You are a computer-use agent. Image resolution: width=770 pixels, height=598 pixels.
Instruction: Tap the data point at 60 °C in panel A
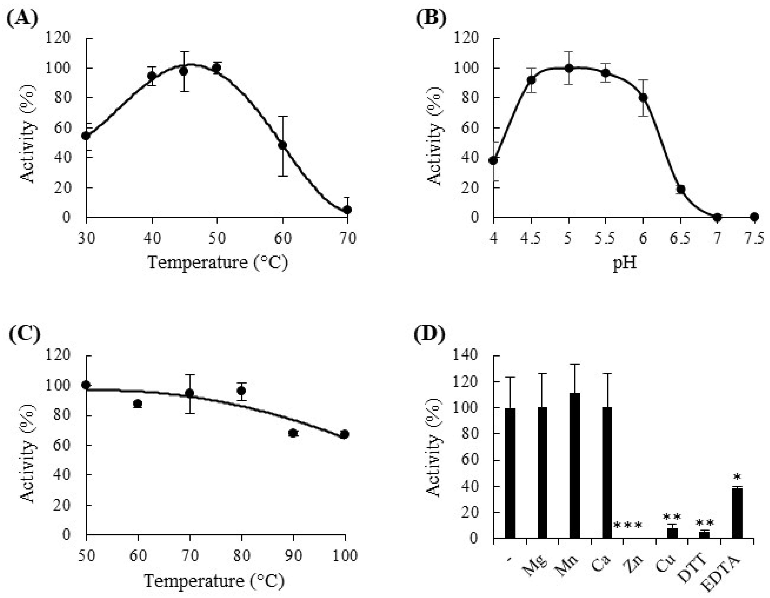point(282,145)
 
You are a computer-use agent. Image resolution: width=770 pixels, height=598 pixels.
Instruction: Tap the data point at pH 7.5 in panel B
point(754,217)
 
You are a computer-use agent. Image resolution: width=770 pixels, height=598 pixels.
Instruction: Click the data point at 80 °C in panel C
point(241,391)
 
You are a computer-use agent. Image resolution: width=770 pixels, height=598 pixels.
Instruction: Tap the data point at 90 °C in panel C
point(293,433)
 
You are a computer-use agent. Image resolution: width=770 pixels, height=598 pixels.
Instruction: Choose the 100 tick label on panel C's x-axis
point(345,555)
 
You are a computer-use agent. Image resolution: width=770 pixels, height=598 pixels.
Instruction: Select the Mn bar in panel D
point(575,466)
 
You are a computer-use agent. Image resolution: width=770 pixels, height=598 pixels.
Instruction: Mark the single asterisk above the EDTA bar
point(737,477)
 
